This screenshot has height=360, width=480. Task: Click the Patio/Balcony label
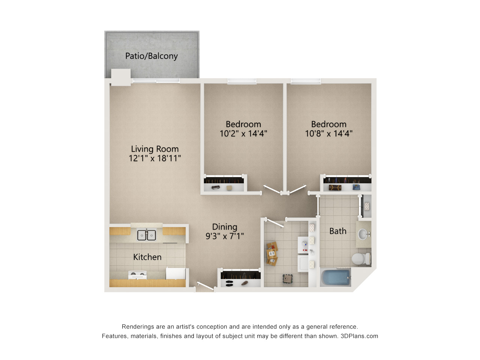(151, 56)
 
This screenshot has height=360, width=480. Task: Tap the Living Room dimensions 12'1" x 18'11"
(155, 158)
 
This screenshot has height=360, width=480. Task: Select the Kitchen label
(147, 257)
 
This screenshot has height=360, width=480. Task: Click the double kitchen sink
(147, 235)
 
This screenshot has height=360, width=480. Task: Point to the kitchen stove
(137, 274)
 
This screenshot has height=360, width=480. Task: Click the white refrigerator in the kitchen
(175, 273)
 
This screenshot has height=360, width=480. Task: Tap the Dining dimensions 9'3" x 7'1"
(225, 236)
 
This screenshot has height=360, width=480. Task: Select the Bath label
(338, 231)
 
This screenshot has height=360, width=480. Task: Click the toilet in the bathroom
(361, 259)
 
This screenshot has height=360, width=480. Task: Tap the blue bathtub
(336, 277)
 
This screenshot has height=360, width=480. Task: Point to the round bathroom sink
(363, 234)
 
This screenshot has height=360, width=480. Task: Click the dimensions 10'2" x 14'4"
(243, 133)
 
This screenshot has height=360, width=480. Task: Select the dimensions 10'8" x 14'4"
(328, 133)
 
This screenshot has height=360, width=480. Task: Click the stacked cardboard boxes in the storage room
(272, 254)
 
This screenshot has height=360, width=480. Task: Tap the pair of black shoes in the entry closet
(229, 283)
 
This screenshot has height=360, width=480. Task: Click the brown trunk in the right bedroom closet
(335, 187)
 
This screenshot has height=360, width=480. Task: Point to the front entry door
(205, 286)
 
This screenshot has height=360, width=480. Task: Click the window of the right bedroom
(306, 81)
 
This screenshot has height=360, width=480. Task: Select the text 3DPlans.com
(359, 336)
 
